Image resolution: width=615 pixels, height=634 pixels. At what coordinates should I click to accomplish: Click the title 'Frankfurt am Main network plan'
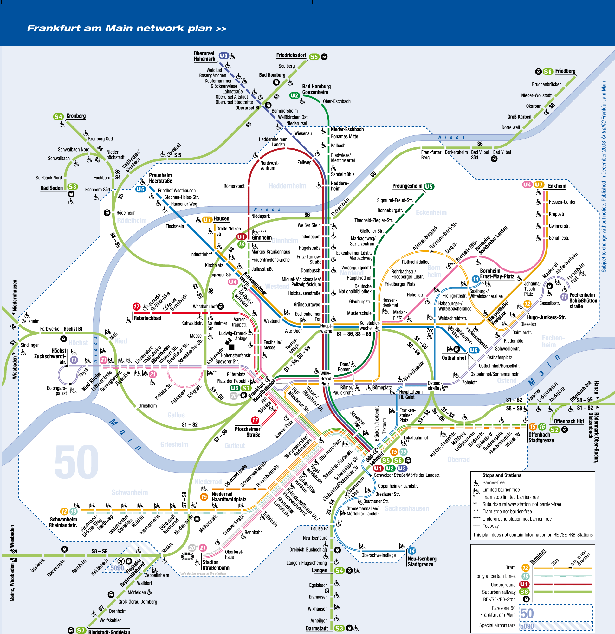[126, 29]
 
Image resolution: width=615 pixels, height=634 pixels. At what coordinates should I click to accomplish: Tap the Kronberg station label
[76, 116]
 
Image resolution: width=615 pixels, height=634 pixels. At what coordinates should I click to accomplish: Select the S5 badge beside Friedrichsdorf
[314, 57]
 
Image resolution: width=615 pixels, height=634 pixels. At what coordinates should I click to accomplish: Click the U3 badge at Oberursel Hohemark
[223, 56]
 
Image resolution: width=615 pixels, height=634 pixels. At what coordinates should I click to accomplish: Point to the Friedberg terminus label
[565, 71]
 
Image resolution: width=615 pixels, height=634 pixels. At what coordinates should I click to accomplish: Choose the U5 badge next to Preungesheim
[429, 187]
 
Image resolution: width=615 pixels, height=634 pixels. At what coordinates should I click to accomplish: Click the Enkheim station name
[557, 186]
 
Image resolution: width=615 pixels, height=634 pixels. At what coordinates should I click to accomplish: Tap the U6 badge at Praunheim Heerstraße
[140, 189]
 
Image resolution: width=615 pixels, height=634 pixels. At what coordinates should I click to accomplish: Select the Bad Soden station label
[51, 188]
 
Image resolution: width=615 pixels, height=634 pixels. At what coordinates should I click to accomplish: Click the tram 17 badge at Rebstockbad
[137, 306]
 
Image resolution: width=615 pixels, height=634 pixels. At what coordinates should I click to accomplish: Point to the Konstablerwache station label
[370, 326]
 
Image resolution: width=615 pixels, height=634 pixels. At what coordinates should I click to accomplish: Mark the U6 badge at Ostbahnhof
[474, 350]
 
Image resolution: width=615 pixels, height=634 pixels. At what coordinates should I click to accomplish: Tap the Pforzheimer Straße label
[248, 432]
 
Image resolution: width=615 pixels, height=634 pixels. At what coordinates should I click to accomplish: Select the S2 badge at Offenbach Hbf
[554, 430]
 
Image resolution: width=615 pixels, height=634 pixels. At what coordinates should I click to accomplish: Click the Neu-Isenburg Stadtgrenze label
[422, 561]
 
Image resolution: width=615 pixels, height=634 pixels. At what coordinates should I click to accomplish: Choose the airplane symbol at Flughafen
[121, 561]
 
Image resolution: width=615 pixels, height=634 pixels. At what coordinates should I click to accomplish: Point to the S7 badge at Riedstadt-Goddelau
[81, 631]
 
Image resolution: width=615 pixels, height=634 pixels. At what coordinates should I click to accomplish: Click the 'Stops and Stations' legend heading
[502, 475]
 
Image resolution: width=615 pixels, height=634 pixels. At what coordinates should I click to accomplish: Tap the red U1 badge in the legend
[524, 585]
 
